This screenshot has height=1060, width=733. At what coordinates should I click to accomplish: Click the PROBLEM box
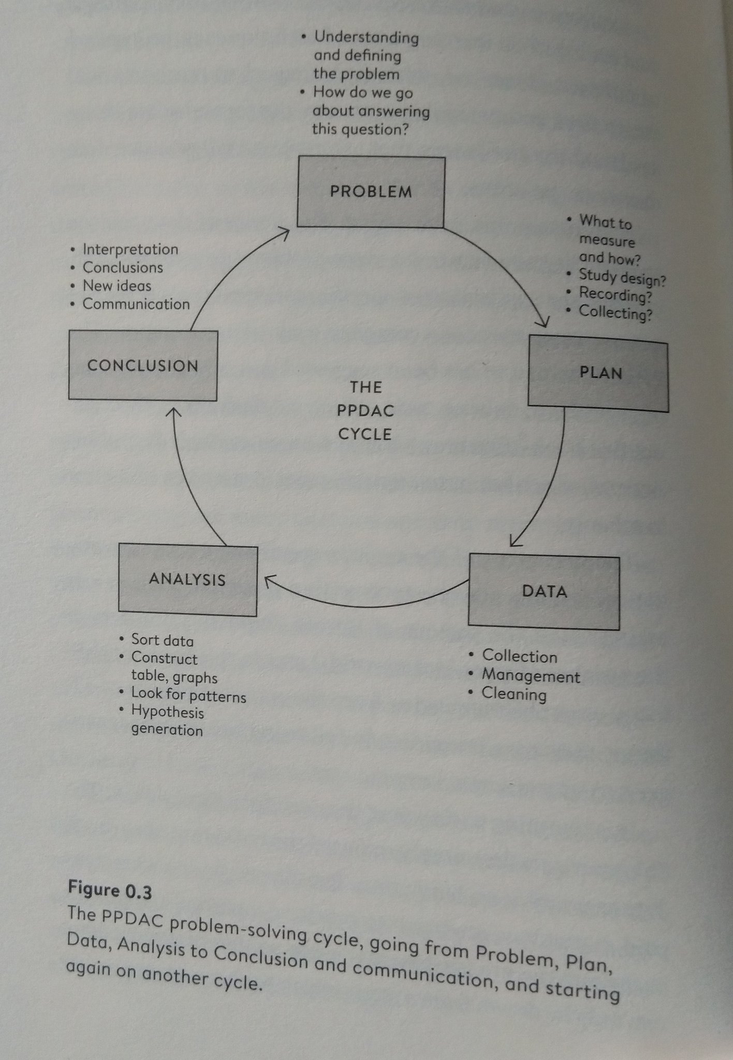(x=371, y=192)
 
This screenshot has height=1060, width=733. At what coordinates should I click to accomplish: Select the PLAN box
(x=598, y=373)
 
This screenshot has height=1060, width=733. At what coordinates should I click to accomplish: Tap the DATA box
(x=544, y=591)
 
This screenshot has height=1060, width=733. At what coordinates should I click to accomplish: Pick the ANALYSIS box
(x=187, y=579)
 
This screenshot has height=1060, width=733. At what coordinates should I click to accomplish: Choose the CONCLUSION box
(x=143, y=365)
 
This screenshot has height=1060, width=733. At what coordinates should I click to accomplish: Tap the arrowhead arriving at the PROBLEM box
(x=283, y=233)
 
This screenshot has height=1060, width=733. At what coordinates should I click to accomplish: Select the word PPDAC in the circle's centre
(x=365, y=411)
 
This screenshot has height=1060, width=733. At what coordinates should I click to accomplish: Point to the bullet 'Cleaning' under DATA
(x=514, y=694)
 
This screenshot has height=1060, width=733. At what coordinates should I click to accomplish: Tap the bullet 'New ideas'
(x=117, y=286)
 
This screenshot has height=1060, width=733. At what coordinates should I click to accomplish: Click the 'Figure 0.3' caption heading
(x=110, y=890)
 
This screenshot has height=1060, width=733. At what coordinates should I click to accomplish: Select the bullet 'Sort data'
(x=162, y=640)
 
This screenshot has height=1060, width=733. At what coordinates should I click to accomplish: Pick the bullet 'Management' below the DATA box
(x=531, y=675)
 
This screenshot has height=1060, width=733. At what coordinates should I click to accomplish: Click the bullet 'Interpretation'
(x=130, y=249)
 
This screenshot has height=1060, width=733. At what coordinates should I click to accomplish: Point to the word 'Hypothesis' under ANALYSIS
(x=167, y=712)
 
